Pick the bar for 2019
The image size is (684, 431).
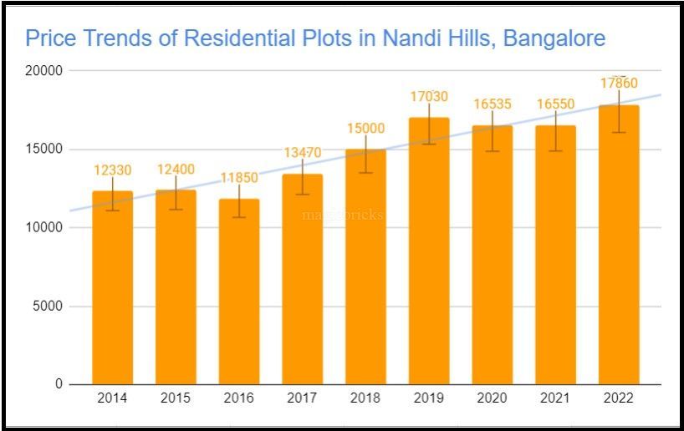pos(429,251)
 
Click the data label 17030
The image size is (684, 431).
pos(429,97)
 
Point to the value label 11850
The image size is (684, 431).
pos(239,178)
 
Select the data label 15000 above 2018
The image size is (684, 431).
pos(365,128)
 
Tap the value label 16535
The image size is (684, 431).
pos(493,104)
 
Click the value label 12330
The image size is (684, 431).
pos(112,170)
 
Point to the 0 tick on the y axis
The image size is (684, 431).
pos(59,385)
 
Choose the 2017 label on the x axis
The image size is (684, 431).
pos(302,398)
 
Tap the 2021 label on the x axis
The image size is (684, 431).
pos(555,398)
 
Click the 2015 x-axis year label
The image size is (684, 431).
pos(176,398)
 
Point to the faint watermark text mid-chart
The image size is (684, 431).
pos(343,215)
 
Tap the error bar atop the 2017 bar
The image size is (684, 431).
pos(302,176)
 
